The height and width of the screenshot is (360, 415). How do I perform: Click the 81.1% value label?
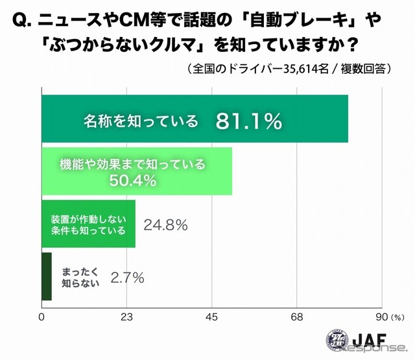click(x=249, y=120)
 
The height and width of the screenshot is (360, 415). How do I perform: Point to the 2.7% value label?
click(x=127, y=278)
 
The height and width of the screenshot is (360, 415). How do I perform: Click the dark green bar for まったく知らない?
click(x=46, y=276)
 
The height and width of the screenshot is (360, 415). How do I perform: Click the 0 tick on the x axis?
click(x=41, y=317)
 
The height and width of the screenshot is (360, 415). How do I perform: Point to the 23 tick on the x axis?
click(x=127, y=317)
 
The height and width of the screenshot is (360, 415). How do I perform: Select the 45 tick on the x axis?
click(x=211, y=317)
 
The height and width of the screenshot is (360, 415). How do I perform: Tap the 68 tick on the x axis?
click(x=297, y=317)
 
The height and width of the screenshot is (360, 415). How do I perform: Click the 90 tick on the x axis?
click(x=381, y=317)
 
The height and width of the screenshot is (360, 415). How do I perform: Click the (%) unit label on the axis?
click(x=397, y=317)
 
